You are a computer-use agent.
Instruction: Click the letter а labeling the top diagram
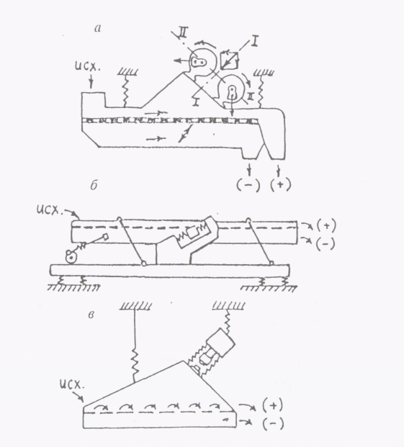point(97,29)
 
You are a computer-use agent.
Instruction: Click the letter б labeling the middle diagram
point(94,186)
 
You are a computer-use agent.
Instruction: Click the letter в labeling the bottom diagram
point(91,315)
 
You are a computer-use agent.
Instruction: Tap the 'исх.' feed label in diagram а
point(88,66)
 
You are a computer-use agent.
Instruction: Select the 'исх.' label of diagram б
point(49,210)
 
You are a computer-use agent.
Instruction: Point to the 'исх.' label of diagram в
point(72,384)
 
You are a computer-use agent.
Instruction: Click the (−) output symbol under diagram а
point(248,185)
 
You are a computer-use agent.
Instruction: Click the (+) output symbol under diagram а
point(281,185)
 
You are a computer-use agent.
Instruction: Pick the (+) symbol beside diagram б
point(326,226)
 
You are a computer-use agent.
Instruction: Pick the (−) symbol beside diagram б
point(326,244)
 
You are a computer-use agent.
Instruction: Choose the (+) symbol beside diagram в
point(272,406)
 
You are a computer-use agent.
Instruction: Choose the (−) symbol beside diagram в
point(273,424)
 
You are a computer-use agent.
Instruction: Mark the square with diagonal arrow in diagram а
point(230,60)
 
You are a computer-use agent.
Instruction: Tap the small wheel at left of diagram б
point(71,257)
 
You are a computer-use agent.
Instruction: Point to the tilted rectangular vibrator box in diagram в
point(220,343)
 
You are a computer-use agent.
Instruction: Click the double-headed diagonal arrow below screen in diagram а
point(184,133)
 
